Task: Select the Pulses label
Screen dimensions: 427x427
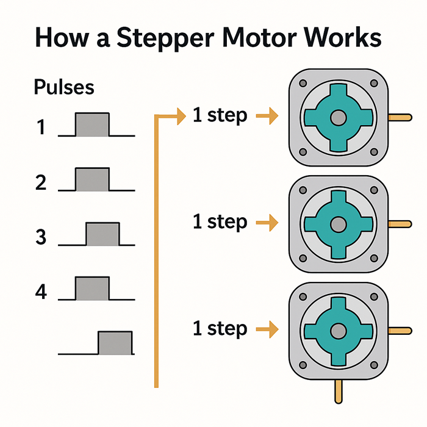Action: (x=64, y=87)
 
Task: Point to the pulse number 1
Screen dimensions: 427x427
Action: (x=41, y=128)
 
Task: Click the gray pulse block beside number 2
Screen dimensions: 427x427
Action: (x=92, y=179)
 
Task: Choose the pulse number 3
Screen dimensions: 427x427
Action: (x=41, y=237)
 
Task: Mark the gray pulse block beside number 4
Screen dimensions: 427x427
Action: (x=92, y=289)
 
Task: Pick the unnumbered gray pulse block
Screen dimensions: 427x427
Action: (x=115, y=343)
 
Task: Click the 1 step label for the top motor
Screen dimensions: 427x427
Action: (x=220, y=115)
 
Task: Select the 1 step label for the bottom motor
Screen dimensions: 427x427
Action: (x=220, y=329)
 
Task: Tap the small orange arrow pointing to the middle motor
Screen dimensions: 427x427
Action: (x=267, y=223)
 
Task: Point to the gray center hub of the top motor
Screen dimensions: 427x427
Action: (x=337, y=117)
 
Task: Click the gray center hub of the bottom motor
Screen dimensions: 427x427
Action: (x=337, y=330)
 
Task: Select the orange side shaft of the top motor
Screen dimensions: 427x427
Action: (x=399, y=117)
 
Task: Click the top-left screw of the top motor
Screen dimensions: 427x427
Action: (x=301, y=82)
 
